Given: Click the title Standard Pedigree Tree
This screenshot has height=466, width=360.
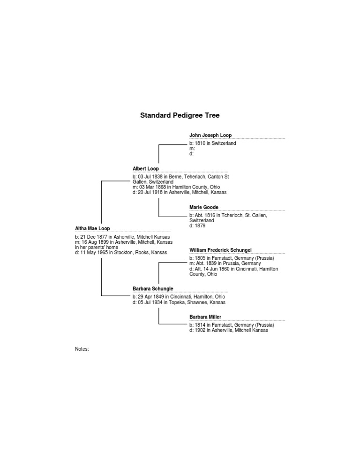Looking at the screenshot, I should [180, 115].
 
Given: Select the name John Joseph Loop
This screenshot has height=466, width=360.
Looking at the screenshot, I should [210, 135].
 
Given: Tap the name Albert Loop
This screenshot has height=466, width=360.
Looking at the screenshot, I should [146, 168].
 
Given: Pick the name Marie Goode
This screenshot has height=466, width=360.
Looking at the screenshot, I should [204, 207].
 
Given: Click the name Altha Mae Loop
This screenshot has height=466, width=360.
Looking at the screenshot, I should [92, 228].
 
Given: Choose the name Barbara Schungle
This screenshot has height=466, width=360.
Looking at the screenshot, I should [153, 289].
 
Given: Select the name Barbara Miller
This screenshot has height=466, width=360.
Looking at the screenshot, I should [205, 317].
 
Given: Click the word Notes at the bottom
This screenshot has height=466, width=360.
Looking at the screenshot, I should [82, 349].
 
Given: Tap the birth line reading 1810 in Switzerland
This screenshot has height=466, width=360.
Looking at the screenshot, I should [213, 143].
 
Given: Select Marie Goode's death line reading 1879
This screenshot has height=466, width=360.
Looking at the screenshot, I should [197, 225].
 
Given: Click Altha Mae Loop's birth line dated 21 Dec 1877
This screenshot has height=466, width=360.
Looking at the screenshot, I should [122, 237].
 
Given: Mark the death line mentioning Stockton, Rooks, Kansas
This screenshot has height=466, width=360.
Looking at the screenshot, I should [121, 253].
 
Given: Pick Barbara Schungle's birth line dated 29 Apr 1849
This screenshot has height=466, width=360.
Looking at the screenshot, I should [179, 297].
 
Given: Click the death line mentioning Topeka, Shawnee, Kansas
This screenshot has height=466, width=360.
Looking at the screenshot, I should [179, 302].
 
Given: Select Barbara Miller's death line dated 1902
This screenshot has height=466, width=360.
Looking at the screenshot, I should [229, 330].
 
